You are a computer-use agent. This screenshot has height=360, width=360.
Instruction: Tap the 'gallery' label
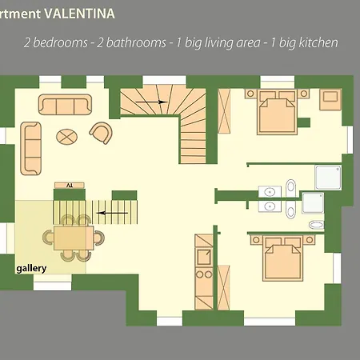pyautogui.click(x=31, y=269)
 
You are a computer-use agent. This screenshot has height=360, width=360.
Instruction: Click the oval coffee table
pyautogui.click(x=67, y=135)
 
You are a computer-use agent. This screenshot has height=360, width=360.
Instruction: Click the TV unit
pyautogui.click(x=69, y=186)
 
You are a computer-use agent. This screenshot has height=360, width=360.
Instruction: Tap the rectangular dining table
pyautogui.click(x=72, y=237)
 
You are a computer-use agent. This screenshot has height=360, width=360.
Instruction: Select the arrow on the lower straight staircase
pyautogui.click(x=113, y=213)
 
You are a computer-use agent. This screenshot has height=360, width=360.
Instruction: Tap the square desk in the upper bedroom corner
pyautogui.click(x=330, y=100)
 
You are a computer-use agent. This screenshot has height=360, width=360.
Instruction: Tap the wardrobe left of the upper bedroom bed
pyautogui.click(x=226, y=116)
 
